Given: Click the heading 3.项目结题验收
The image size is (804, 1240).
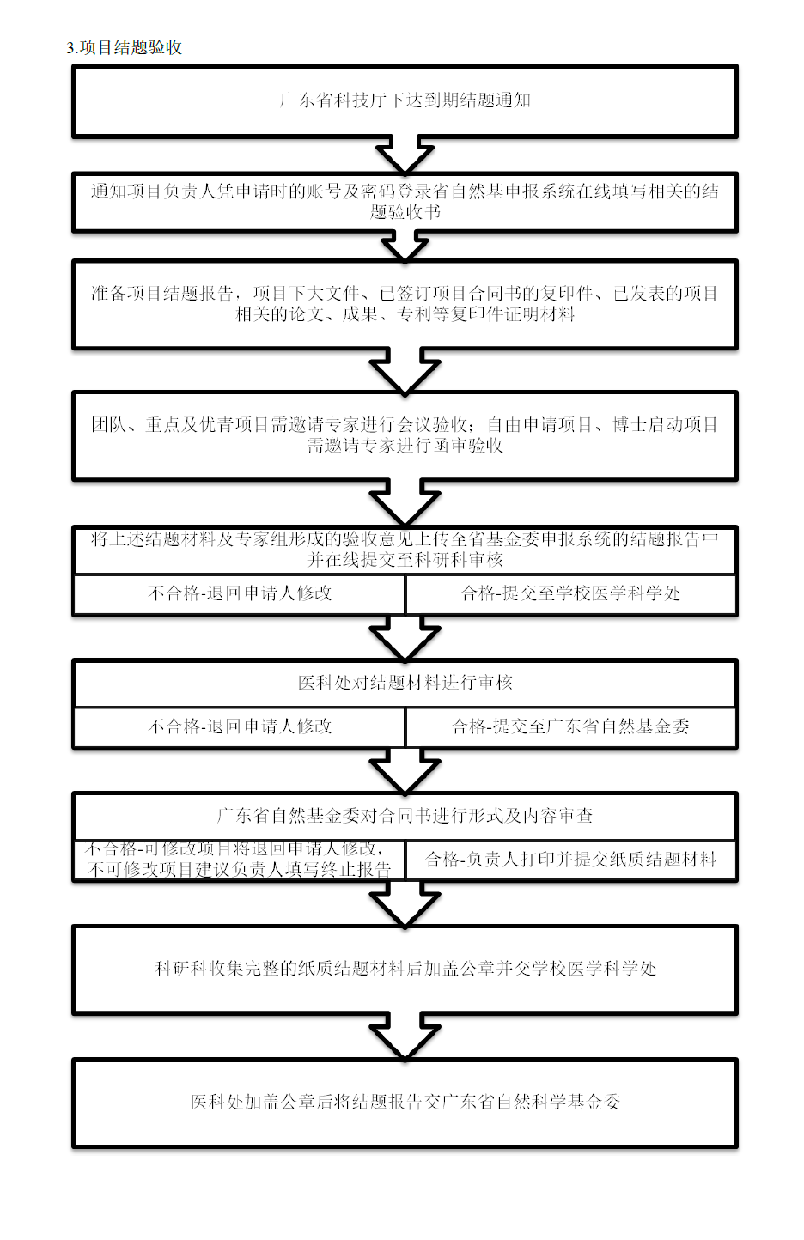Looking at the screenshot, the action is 124,47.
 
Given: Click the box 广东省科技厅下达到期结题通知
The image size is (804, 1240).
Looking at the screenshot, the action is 405,101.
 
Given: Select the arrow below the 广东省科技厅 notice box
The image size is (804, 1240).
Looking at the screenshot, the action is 405,155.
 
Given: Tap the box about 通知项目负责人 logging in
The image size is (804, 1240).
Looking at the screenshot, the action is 405,202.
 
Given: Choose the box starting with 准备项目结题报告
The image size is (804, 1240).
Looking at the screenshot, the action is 405,305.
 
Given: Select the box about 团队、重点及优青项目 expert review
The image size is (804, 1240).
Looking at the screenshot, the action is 405,435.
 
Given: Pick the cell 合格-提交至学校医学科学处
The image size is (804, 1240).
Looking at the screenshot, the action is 571,594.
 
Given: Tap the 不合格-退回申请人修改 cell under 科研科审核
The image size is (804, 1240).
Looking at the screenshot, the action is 239,594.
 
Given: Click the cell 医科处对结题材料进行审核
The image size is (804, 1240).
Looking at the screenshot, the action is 405,683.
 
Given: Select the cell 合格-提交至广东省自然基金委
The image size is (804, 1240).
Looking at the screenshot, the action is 571,726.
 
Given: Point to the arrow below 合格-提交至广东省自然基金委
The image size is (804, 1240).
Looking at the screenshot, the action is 405,770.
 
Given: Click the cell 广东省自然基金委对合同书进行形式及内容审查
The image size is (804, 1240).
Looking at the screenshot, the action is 405,816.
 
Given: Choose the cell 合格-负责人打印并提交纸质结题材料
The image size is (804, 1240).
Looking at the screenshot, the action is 571,860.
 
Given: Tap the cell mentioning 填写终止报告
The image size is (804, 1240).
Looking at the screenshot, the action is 239,860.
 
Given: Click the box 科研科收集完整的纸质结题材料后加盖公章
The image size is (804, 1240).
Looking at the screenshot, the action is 405,970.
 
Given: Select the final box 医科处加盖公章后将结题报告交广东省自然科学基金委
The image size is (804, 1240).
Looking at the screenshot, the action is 405,1102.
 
